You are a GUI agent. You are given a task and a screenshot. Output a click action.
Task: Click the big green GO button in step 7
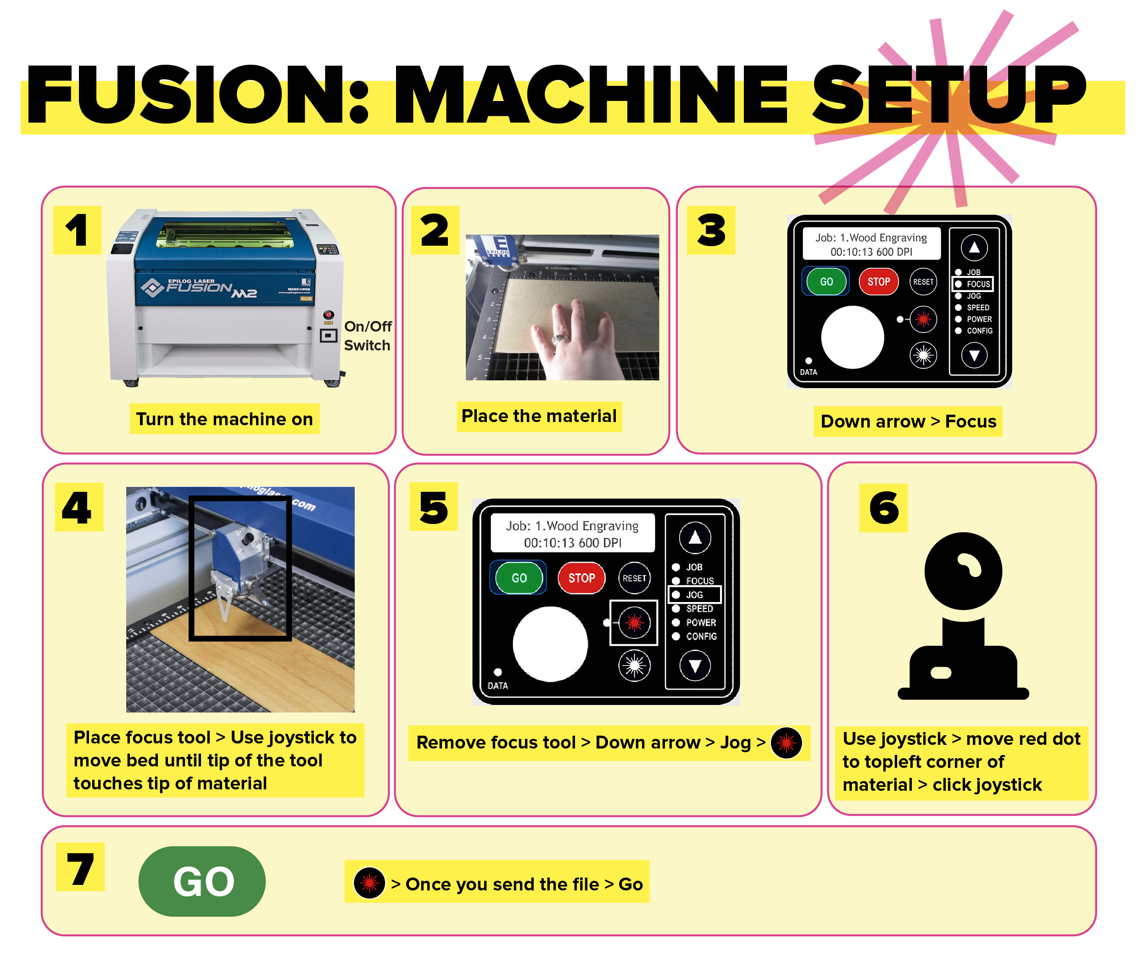tap(202, 881)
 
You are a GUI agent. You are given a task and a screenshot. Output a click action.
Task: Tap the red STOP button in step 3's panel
tap(878, 282)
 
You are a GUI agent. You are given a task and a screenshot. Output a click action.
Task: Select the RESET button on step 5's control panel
tap(634, 578)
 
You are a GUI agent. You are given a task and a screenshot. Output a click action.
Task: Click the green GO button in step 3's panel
tap(826, 282)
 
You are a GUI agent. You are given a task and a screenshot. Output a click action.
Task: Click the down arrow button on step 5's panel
tap(695, 666)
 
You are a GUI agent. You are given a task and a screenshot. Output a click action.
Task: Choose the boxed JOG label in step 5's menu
tap(694, 595)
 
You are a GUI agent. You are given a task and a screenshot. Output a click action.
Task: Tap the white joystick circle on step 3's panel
tap(852, 337)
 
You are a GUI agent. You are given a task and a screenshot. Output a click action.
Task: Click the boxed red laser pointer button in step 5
tap(634, 623)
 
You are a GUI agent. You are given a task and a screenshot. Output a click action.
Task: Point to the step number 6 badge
tap(883, 507)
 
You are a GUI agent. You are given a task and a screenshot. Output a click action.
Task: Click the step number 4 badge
tap(78, 507)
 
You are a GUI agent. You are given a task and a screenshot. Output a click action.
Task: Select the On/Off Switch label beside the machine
tap(367, 336)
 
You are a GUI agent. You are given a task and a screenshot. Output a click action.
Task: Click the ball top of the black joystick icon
tap(963, 571)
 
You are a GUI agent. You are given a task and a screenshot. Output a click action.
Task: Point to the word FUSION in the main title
tap(187, 95)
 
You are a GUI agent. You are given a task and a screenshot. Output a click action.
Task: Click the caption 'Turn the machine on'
tap(224, 419)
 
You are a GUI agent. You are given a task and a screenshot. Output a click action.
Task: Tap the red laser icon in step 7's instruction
tap(369, 883)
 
